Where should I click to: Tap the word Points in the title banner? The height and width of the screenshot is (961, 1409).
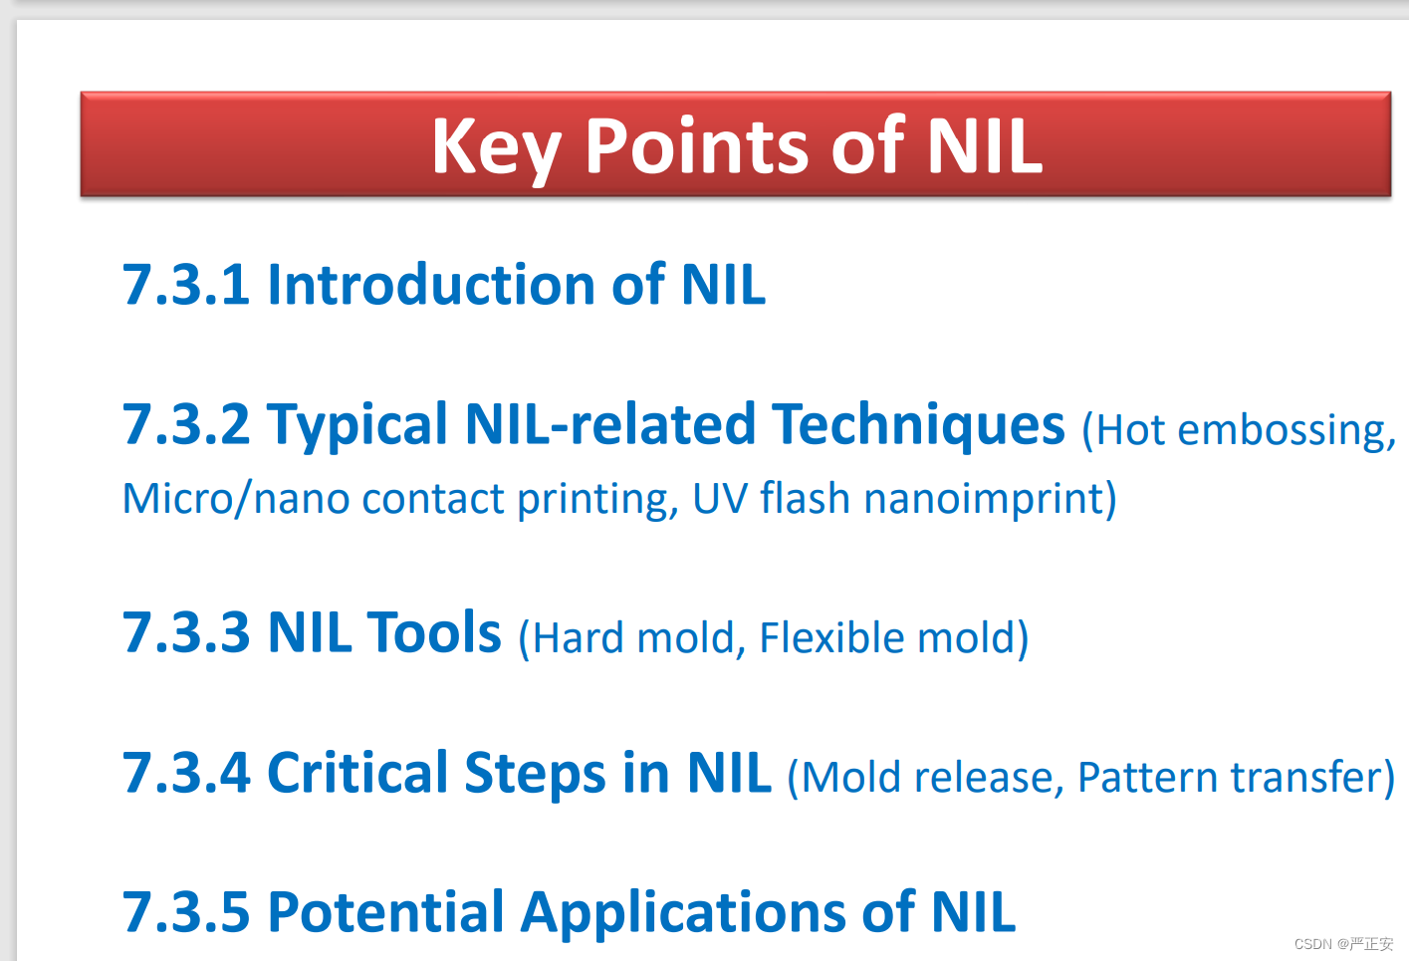[696, 146]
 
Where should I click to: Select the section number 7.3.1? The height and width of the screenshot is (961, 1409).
[185, 285]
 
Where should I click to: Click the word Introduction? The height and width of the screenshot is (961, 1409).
[431, 284]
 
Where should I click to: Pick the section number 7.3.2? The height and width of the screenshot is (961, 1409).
[186, 424]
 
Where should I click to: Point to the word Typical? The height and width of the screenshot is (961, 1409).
[357, 427]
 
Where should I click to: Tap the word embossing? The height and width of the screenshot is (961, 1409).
[1287, 431]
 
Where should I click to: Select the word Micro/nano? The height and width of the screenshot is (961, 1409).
[236, 499]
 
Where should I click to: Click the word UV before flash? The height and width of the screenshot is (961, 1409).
[720, 499]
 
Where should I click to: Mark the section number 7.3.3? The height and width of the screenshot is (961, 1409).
[186, 632]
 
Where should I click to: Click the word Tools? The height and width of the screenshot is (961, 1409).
[434, 631]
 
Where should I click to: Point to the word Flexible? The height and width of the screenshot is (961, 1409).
[831, 637]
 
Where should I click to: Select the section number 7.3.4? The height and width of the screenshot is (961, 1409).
[186, 773]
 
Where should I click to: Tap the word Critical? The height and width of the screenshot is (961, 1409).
[357, 773]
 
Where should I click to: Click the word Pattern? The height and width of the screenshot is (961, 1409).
[1147, 778]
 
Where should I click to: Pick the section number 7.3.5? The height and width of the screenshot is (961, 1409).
[186, 912]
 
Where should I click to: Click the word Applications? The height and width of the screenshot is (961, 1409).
[684, 913]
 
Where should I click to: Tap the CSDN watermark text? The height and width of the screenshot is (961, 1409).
[1343, 944]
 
